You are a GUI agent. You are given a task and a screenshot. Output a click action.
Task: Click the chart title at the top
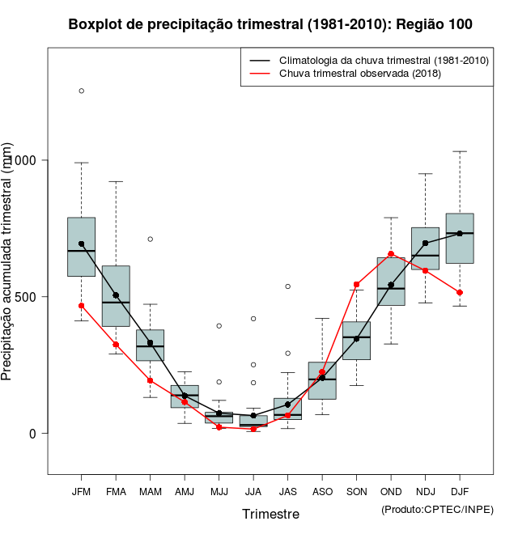pos(270,24)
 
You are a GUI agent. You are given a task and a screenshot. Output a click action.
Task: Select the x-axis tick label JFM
pos(81,491)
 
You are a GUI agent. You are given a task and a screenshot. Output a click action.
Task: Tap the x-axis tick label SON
pos(356,491)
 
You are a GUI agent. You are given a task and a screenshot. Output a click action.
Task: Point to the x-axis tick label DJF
pos(460,491)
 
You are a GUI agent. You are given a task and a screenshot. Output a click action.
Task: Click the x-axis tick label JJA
pos(253,491)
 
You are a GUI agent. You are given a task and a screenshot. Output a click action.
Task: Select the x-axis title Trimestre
pos(270,514)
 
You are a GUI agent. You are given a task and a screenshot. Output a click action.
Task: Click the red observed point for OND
pos(391,254)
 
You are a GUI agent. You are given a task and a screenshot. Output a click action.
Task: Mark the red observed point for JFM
pos(81,306)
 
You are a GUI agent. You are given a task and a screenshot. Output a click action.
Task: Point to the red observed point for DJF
pos(460,292)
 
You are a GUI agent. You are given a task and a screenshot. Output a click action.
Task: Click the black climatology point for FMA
pos(116,295)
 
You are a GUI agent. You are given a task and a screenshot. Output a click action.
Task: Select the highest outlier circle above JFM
pos(81,91)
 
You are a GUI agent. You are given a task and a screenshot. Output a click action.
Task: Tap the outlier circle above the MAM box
pos(150,239)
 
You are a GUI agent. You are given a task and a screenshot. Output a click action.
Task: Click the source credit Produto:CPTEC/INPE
pos(437,509)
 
